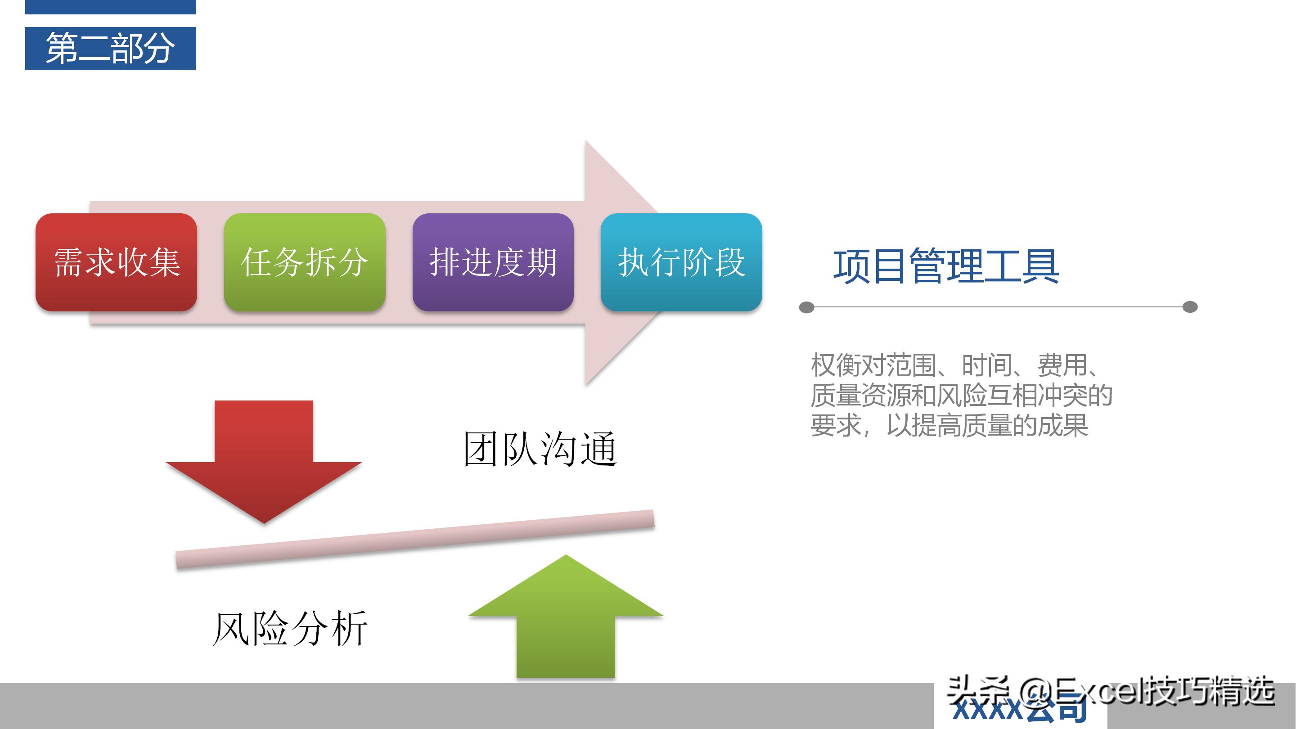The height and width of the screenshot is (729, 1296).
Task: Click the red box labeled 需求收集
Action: coord(116,262)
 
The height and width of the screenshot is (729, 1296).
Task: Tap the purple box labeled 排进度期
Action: coord(493,262)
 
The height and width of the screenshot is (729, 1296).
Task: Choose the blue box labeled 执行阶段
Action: coord(681,262)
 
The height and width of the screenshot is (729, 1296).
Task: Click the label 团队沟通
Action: coord(540,449)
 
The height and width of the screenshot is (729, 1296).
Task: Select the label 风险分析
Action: coord(290,629)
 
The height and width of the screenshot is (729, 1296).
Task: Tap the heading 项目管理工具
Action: coord(946,265)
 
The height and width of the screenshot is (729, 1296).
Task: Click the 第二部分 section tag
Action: coord(111,48)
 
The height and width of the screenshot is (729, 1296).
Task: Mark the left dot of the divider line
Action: coord(806,307)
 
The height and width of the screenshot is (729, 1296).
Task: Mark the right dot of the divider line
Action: coord(1190,307)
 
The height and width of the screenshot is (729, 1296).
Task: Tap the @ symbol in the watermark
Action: coord(1036,692)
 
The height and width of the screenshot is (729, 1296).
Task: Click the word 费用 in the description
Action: coord(1062,365)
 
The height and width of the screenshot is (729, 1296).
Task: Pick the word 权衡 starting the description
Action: coord(836,365)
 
